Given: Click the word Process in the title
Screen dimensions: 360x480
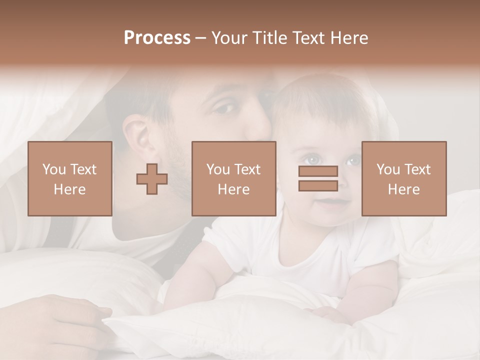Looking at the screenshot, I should coord(157,38).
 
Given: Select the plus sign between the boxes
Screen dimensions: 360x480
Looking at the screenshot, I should coord(152,178).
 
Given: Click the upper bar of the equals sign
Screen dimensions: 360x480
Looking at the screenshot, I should coord(318,171).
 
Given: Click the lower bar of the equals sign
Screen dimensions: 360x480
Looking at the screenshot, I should coord(318,185).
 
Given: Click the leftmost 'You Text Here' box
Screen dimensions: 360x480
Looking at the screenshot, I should coord(70,178).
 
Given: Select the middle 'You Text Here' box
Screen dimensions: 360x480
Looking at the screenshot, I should coord(233,178).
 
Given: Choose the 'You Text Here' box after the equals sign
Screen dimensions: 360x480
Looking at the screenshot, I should coord(404,178).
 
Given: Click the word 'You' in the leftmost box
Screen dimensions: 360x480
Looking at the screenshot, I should coord(53,169).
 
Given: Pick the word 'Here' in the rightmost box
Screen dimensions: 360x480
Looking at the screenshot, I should coord(403,189).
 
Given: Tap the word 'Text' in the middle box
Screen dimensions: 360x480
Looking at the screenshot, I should coord(247,169).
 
